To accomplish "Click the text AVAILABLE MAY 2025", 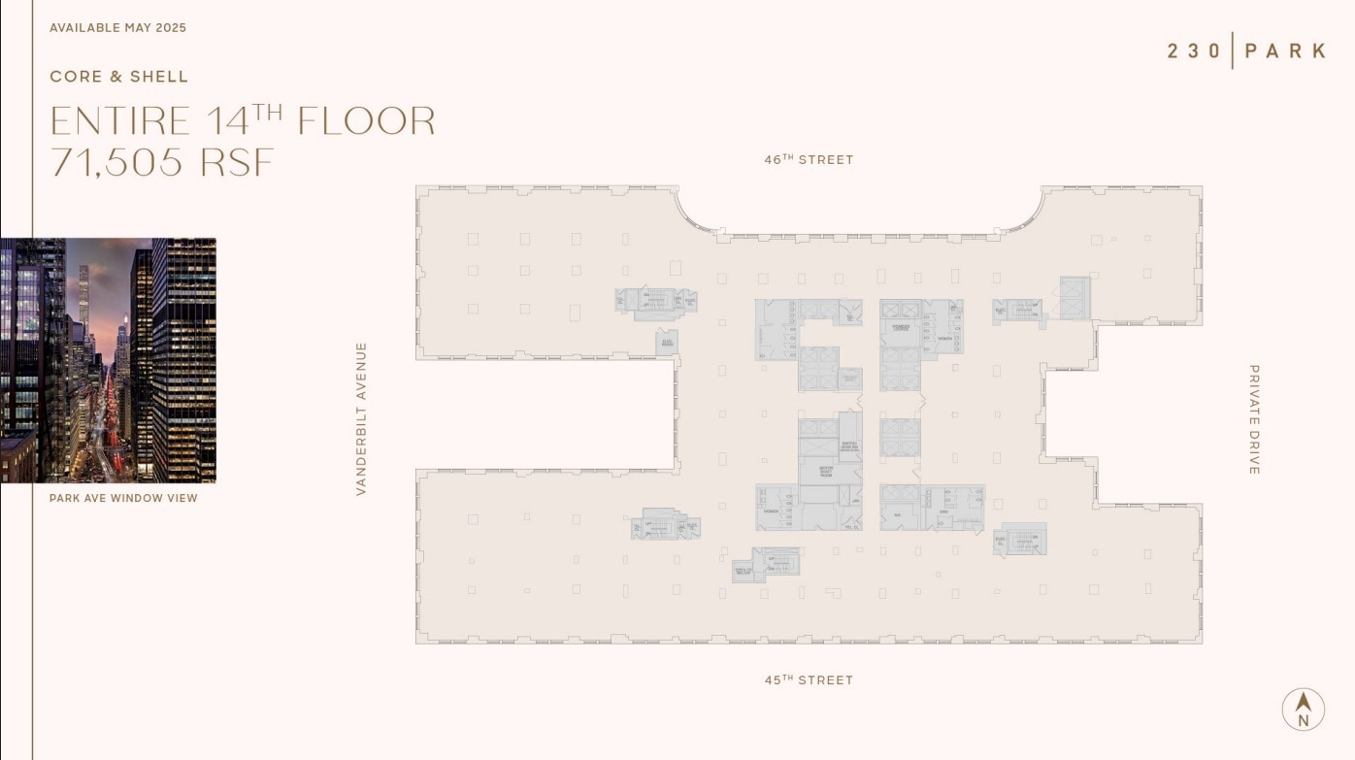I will click(117, 28).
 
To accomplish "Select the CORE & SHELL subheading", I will click(119, 77).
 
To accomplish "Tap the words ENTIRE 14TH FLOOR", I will click(243, 121).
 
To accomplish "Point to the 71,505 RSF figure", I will click(162, 162).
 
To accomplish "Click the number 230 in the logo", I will click(1194, 50).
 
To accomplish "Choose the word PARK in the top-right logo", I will click(1285, 50).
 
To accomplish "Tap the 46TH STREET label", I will click(809, 160).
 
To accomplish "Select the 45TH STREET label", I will click(809, 680).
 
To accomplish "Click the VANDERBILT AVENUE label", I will click(361, 418).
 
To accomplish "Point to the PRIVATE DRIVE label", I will click(1254, 419).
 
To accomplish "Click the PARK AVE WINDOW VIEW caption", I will click(123, 498).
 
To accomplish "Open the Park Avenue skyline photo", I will click(108, 360).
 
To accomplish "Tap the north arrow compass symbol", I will click(1303, 704).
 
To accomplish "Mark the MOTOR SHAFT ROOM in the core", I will click(826, 472).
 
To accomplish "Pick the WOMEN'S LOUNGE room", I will click(900, 328).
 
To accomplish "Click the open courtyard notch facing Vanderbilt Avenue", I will click(545, 414).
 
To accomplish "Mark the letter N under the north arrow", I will click(1303, 720).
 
